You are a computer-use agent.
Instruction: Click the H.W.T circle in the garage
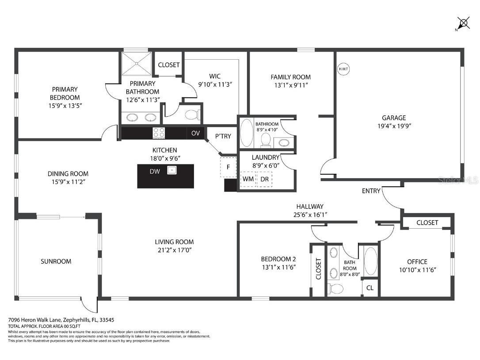[343, 69]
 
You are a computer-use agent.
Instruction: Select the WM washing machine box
[248, 179]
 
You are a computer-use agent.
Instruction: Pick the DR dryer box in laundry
[264, 179]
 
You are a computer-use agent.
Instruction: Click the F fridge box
[228, 167]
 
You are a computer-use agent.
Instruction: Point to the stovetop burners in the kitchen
[159, 133]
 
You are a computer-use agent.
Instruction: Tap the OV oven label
[195, 133]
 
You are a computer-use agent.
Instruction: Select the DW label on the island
[155, 171]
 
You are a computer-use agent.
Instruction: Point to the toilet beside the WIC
[191, 115]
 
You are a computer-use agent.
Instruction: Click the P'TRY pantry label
[223, 136]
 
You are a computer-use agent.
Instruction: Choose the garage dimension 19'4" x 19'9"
[394, 126]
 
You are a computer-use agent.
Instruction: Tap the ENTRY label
[371, 191]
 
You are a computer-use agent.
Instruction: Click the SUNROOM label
[56, 261]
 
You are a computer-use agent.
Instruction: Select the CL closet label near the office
[370, 288]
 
